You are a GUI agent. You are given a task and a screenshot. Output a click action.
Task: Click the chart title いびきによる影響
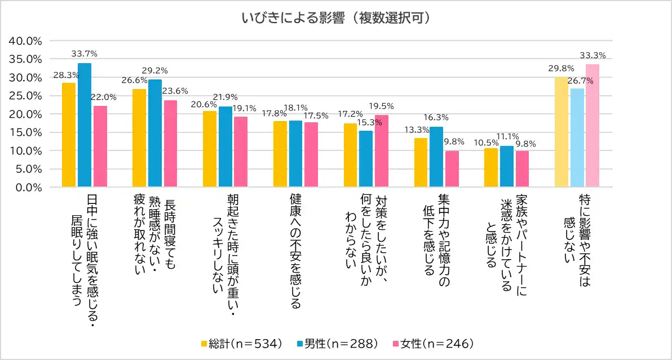click(336, 18)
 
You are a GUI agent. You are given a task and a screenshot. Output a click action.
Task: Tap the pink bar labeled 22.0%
click(100, 146)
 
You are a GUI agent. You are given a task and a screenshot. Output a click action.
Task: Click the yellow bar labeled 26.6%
click(139, 138)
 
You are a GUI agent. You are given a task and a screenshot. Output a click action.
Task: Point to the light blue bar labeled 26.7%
click(577, 137)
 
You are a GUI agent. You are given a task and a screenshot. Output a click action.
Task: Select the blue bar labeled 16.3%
click(436, 157)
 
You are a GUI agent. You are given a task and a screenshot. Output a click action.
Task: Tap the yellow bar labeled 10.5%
click(490, 167)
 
